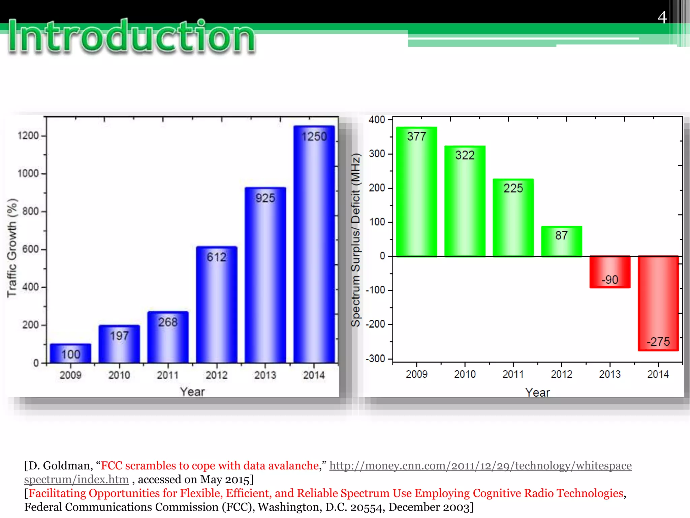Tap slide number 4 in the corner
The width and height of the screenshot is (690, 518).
tap(662, 17)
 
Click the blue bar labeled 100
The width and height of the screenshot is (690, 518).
tap(70, 353)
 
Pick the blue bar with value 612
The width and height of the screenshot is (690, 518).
tap(217, 305)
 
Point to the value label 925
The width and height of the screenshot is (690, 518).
tap(265, 198)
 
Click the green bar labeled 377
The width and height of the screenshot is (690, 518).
tap(416, 192)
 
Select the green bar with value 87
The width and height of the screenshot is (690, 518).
tap(561, 241)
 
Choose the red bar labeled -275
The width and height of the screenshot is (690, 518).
tap(658, 304)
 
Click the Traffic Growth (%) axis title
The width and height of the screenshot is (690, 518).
tap(12, 248)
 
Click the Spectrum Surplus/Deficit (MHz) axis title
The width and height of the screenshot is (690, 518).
tap(356, 240)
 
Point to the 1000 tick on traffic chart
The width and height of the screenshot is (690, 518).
tap(28, 173)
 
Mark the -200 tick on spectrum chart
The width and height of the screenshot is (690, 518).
tap(376, 324)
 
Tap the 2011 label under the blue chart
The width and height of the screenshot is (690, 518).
tap(168, 375)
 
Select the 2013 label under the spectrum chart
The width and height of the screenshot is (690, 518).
tap(609, 374)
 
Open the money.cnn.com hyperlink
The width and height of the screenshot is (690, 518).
tap(480, 466)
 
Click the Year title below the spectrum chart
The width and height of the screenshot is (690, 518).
tap(537, 393)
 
